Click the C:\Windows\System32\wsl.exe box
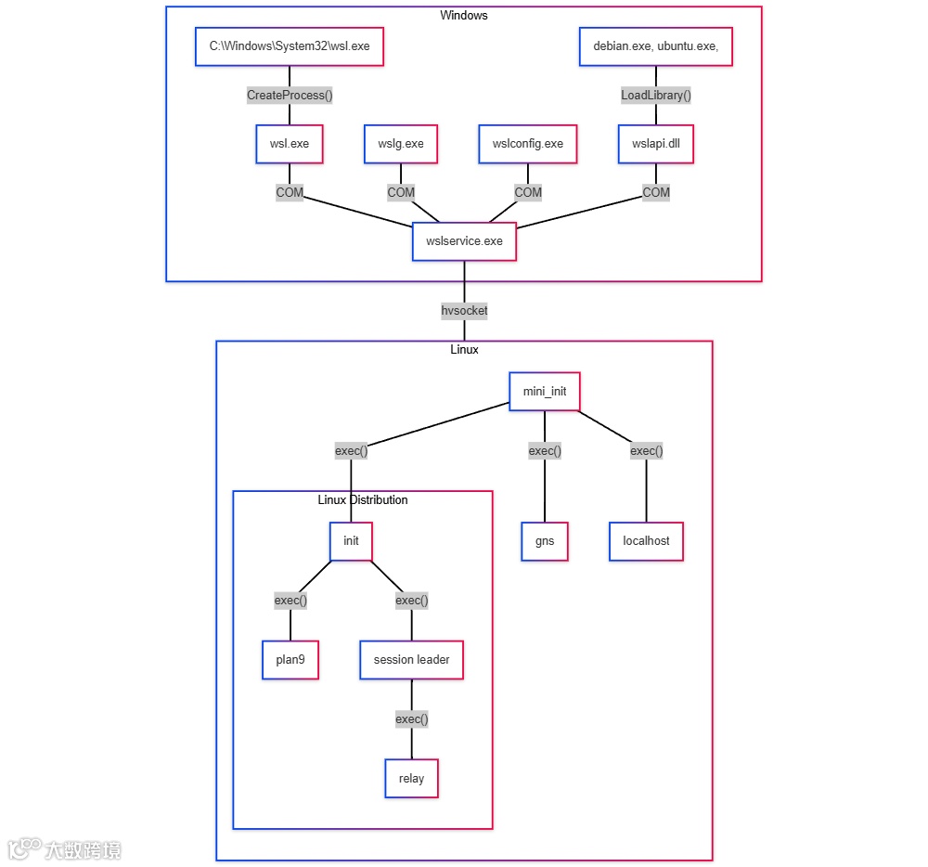(x=290, y=46)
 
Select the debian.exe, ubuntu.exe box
(x=656, y=46)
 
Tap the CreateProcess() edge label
(x=290, y=95)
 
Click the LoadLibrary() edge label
(x=656, y=95)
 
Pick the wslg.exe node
(x=401, y=144)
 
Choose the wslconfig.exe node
(x=528, y=144)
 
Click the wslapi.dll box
(x=656, y=144)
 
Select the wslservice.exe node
(x=464, y=241)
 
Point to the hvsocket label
(x=464, y=311)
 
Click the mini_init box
(x=545, y=392)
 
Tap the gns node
(x=545, y=540)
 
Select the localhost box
(x=646, y=540)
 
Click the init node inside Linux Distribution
(x=351, y=540)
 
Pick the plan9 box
(x=290, y=660)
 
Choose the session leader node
(x=411, y=660)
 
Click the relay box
(x=411, y=778)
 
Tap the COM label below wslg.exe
(x=401, y=192)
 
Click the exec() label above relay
(x=411, y=718)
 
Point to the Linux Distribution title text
(x=362, y=499)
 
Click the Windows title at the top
(x=464, y=15)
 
